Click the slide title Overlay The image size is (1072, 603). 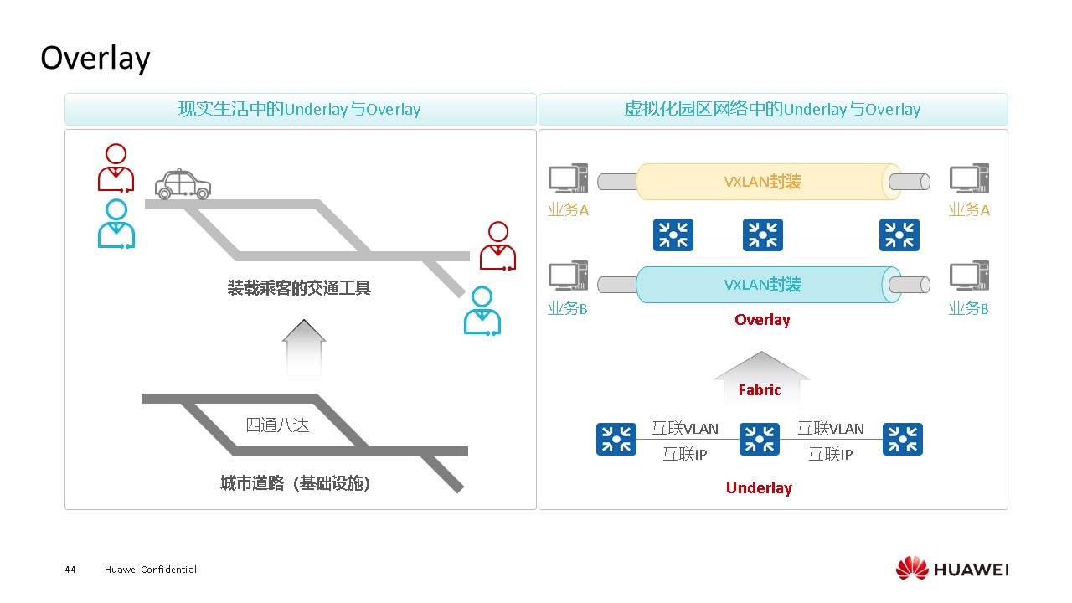tap(95, 59)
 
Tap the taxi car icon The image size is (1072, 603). tap(183, 185)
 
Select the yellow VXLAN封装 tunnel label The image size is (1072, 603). tap(762, 182)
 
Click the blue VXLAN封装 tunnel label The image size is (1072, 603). tap(762, 285)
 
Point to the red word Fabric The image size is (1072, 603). tap(760, 389)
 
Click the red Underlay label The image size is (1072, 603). tap(759, 488)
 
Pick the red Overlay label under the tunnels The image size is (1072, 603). tap(762, 320)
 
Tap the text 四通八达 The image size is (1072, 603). tap(277, 425)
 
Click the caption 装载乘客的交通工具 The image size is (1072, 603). tap(299, 288)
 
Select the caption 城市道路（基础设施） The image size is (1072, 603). tap(295, 483)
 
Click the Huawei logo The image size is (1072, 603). tap(951, 569)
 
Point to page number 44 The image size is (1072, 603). tap(70, 569)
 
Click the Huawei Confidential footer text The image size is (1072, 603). tap(151, 569)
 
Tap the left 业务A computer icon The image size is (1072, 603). tap(568, 179)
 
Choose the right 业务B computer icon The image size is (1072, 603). tap(969, 276)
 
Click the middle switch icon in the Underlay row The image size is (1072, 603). tap(760, 439)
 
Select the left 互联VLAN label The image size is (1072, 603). tap(685, 429)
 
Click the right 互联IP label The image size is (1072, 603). tap(830, 454)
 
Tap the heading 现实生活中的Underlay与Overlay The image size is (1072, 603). tap(299, 110)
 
